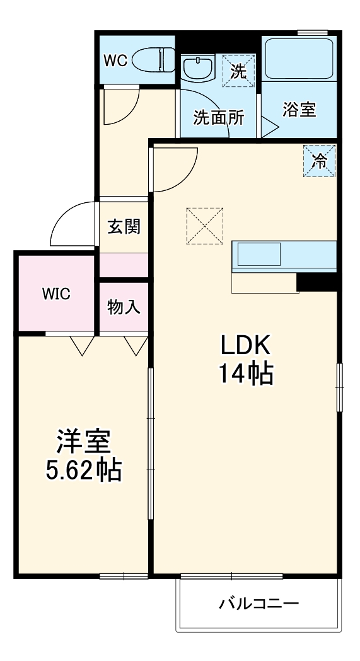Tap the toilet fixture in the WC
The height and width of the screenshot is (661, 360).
click(x=158, y=60)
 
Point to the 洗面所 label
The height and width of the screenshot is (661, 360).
click(x=215, y=118)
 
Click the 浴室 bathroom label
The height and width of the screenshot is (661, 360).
click(x=299, y=110)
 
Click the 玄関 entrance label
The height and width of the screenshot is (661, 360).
click(x=123, y=227)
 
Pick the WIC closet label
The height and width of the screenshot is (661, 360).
click(x=56, y=294)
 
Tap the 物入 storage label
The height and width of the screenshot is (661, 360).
click(x=124, y=308)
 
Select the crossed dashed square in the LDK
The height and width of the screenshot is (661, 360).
click(x=205, y=226)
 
